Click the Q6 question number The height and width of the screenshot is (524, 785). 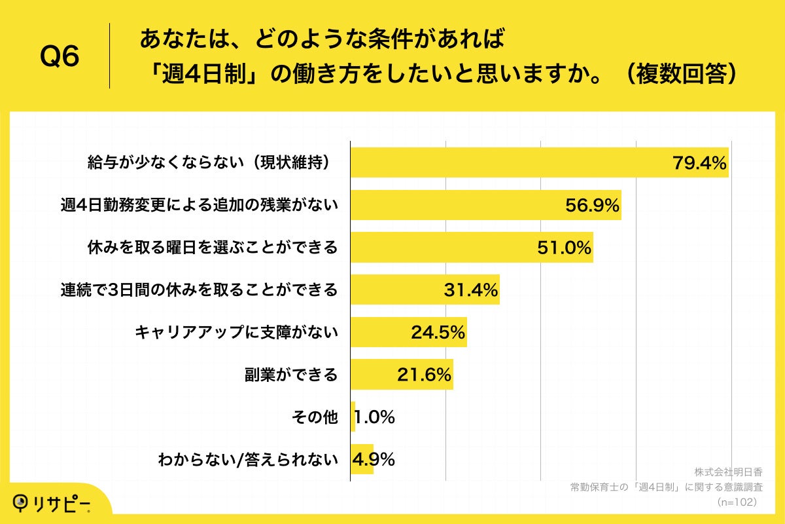pyautogui.click(x=60, y=56)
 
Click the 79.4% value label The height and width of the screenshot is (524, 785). pyautogui.click(x=699, y=164)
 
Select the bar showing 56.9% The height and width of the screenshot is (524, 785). pyautogui.click(x=485, y=205)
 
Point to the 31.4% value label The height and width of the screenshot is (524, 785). pyautogui.click(x=471, y=290)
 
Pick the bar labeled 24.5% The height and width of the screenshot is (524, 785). pyautogui.click(x=408, y=332)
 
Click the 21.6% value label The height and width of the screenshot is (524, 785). pyautogui.click(x=424, y=375)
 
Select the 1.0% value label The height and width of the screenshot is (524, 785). pyautogui.click(x=375, y=417)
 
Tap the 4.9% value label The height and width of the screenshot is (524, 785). pyautogui.click(x=374, y=459)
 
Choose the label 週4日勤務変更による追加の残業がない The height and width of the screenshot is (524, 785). pyautogui.click(x=199, y=205)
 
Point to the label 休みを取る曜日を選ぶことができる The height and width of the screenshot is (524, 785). pyautogui.click(x=213, y=248)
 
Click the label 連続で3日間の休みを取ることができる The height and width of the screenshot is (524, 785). pyautogui.click(x=199, y=290)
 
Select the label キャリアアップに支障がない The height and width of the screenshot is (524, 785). pyautogui.click(x=236, y=332)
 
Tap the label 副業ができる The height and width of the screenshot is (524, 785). pyautogui.click(x=290, y=375)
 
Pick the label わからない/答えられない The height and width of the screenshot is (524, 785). pyautogui.click(x=248, y=459)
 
